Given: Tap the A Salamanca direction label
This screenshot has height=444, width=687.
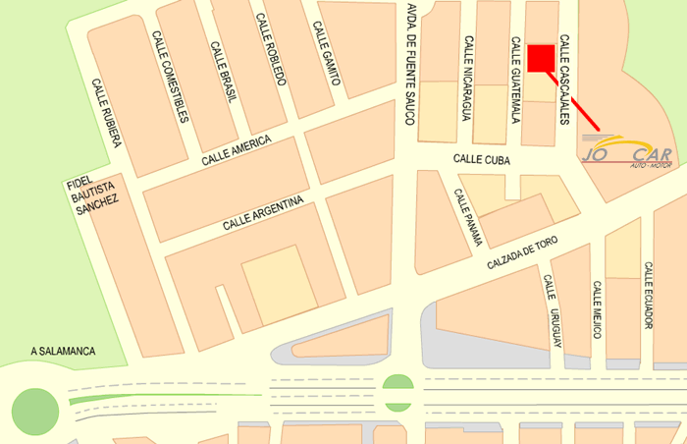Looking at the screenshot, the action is [62, 351].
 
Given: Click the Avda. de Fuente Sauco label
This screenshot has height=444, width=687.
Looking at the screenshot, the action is [409, 64].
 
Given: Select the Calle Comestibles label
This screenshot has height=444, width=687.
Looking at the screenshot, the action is [169, 77].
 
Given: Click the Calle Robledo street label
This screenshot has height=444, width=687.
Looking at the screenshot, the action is [270, 50].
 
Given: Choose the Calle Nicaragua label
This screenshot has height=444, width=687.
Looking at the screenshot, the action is [469, 79].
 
